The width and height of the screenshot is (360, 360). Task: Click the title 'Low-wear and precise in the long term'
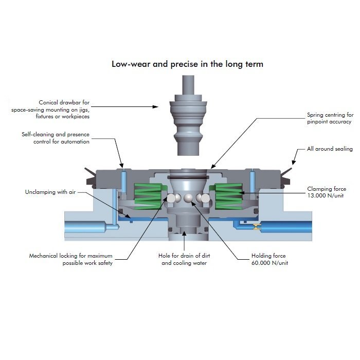(187, 64)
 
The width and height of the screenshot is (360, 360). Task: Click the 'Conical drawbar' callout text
(50, 109)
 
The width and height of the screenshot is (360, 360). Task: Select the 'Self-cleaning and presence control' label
(56, 138)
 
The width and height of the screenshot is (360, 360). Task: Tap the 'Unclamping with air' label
(50, 192)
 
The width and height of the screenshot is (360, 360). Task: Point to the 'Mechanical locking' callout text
(71, 259)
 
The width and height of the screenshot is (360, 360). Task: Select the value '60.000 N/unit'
(270, 263)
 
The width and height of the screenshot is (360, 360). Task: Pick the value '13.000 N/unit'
(326, 195)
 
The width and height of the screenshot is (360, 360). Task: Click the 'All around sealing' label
(330, 149)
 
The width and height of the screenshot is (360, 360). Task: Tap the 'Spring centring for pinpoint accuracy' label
(330, 118)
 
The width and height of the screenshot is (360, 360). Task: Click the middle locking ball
(188, 199)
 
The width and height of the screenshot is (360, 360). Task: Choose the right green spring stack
(227, 196)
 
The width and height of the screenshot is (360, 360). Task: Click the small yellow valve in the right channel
(257, 227)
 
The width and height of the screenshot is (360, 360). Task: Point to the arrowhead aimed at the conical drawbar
(156, 107)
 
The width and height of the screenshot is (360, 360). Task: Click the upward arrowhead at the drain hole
(184, 233)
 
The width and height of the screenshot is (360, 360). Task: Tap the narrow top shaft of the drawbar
(188, 85)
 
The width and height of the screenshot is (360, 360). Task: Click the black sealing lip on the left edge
(90, 176)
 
